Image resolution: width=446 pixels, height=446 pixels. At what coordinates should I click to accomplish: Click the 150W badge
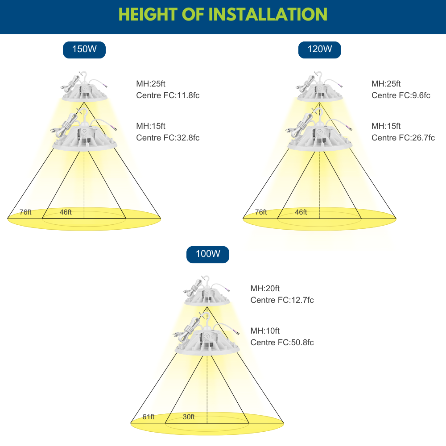(x=84, y=50)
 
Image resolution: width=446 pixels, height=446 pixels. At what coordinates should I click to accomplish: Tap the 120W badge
(x=320, y=50)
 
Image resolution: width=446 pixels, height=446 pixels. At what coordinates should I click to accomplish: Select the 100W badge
(x=208, y=255)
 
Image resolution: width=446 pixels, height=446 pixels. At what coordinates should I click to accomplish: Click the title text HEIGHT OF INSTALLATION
(x=223, y=15)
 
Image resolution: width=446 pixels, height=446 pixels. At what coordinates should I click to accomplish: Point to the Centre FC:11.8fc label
(x=168, y=95)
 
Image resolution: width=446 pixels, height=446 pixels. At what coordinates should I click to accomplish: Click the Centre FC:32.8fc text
(x=168, y=138)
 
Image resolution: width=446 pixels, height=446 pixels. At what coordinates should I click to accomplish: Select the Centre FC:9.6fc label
(x=401, y=95)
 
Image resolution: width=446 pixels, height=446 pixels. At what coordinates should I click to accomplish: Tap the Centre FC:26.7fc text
(x=403, y=138)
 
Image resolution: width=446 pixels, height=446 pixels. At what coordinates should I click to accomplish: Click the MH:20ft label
(x=265, y=289)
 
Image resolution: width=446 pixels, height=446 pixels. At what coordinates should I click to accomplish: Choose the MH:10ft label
(x=265, y=331)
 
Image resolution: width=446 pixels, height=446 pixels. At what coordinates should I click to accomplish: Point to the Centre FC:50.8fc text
(x=282, y=343)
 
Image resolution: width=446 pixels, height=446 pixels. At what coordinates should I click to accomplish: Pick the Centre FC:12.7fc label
(x=282, y=300)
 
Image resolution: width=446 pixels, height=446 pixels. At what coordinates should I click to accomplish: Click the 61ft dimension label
(x=149, y=417)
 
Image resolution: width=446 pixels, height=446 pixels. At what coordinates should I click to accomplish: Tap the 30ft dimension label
(x=189, y=417)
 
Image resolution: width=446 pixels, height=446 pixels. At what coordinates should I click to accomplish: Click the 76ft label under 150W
(x=25, y=212)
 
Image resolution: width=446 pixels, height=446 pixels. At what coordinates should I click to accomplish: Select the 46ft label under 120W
(x=301, y=212)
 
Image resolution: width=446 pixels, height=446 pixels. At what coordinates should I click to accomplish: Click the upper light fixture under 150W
(x=84, y=87)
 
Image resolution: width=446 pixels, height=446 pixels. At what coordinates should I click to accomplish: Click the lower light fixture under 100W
(x=207, y=334)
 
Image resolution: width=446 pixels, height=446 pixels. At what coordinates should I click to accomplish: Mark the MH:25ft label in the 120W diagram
(x=386, y=84)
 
